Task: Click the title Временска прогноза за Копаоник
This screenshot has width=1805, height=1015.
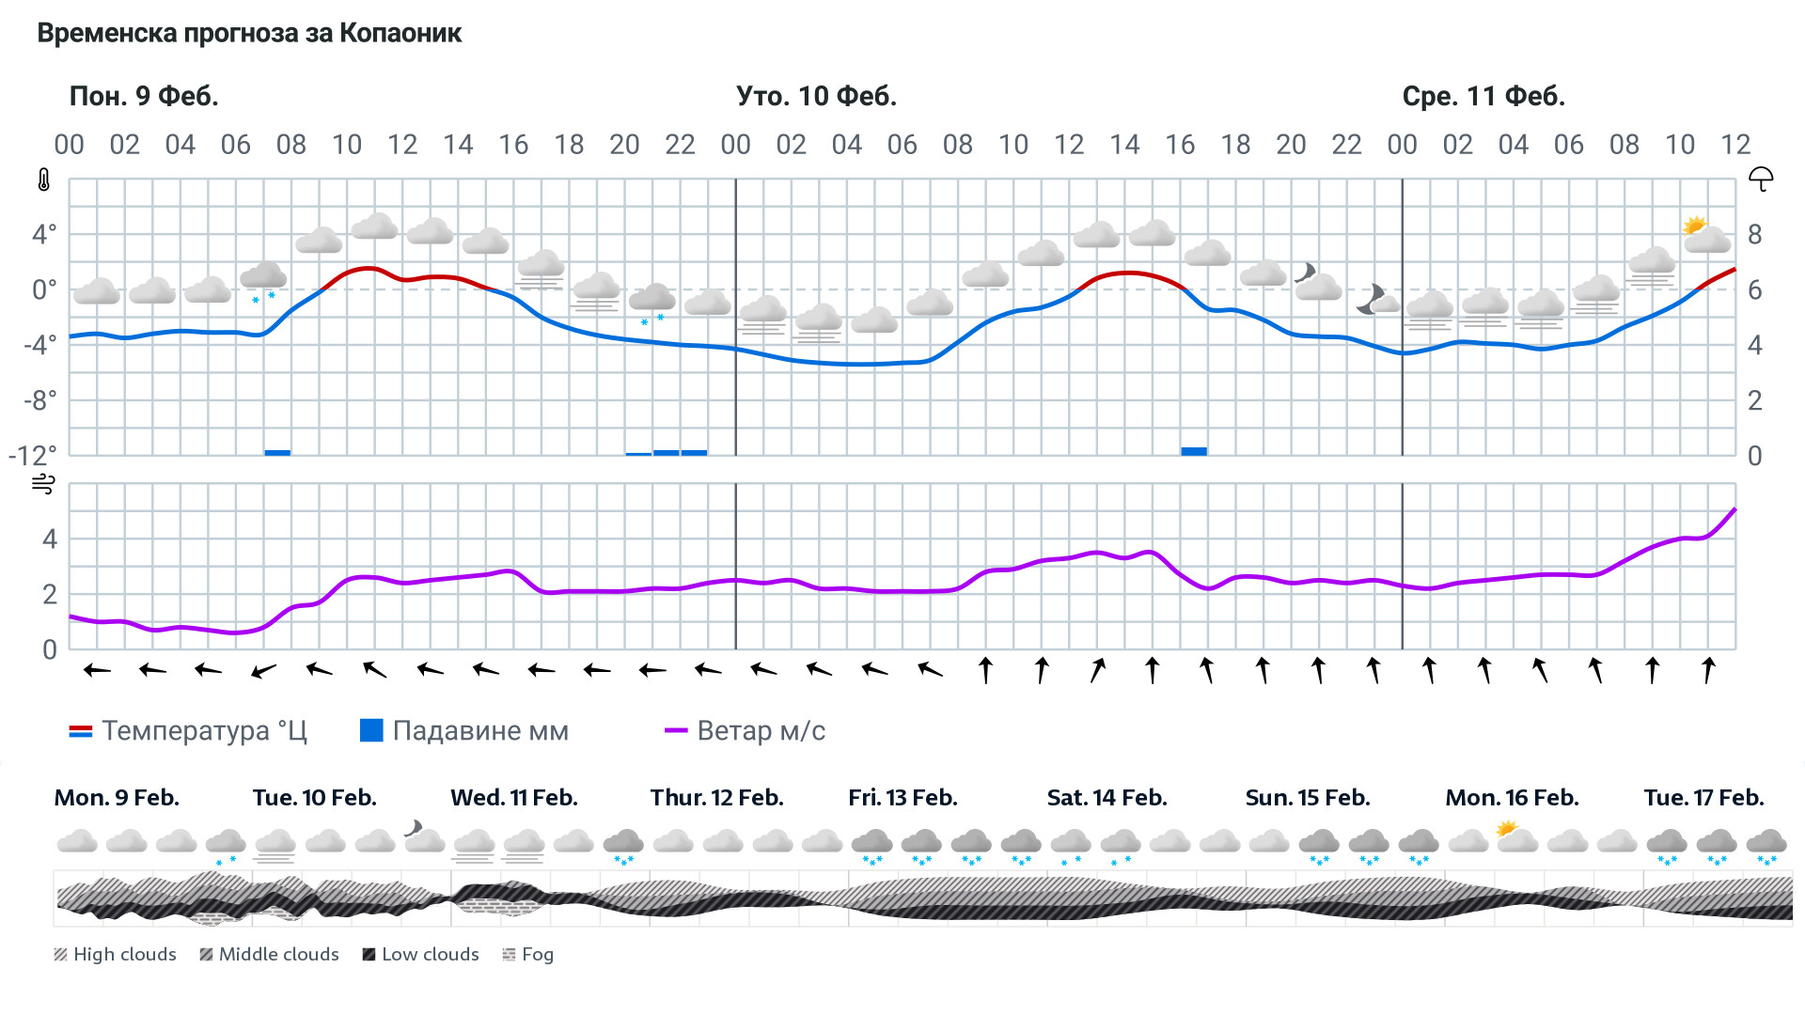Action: coord(249,33)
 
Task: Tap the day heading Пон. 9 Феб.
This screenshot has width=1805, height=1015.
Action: coord(144,96)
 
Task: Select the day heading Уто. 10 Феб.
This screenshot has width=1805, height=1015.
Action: coord(816,96)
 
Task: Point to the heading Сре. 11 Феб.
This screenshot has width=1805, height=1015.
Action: coord(1483,96)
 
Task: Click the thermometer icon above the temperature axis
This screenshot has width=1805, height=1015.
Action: coord(44,180)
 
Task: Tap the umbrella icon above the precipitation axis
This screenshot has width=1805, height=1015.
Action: coord(1760,179)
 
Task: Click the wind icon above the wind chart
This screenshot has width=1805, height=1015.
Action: coord(43,484)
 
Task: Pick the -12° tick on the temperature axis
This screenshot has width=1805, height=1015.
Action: coord(33,456)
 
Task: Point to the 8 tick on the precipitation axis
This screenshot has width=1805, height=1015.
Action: coord(1754,234)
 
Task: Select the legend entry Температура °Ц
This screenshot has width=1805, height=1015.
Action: coord(188,731)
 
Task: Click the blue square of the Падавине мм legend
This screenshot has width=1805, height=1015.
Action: coord(371,730)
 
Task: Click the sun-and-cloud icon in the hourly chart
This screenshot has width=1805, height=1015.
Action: coord(1705,235)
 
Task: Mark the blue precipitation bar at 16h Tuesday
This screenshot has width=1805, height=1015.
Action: coord(1194,451)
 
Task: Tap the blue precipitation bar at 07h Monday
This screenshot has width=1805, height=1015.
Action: coord(277,452)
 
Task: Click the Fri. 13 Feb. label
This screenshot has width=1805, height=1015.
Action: coord(902,798)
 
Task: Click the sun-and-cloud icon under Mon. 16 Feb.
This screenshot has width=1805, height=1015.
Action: coord(1515,836)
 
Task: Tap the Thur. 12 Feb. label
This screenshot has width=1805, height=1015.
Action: coord(716,798)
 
